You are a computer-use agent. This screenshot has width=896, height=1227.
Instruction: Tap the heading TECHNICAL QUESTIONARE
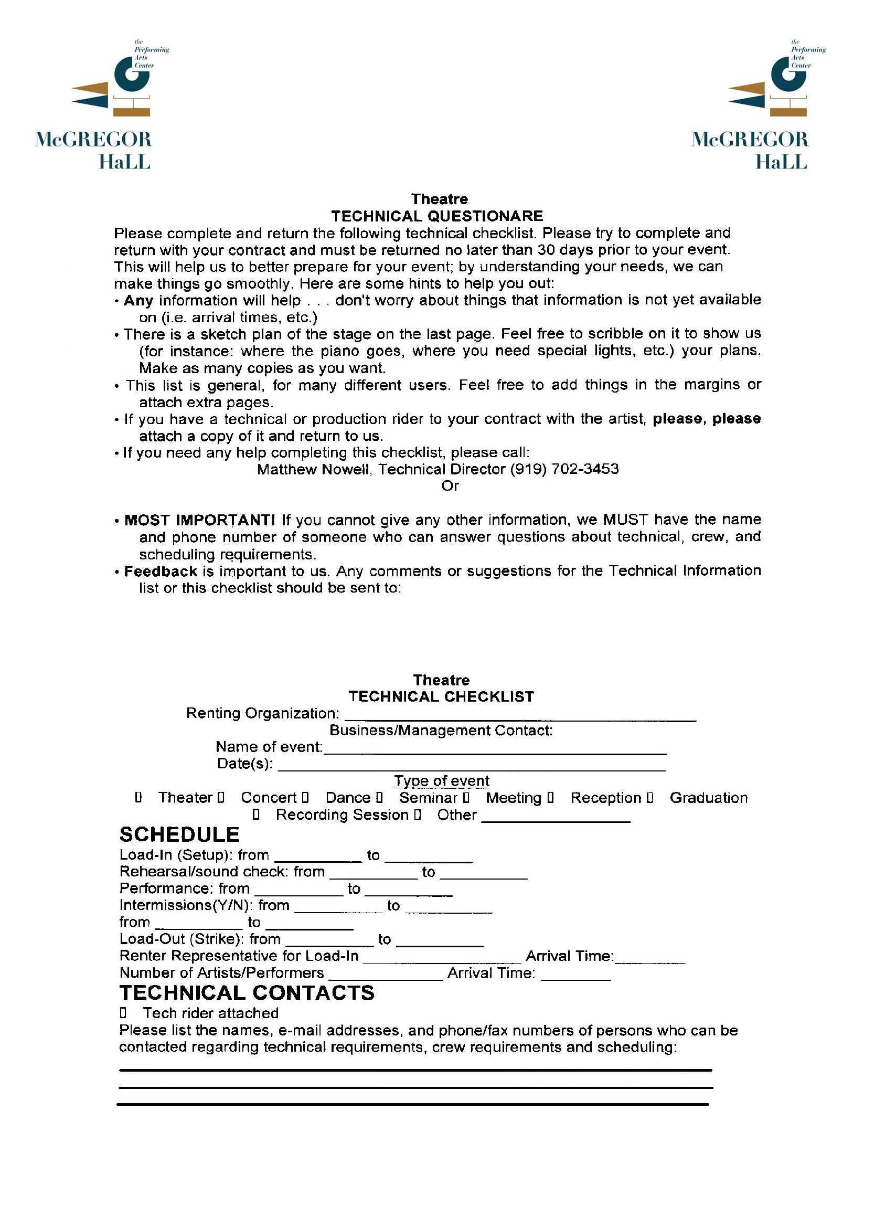tap(436, 216)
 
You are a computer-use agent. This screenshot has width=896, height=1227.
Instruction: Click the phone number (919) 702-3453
tap(564, 469)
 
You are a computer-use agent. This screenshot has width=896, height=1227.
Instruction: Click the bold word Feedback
tap(161, 571)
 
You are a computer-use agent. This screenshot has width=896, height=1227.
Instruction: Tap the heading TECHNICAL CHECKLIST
tap(441, 697)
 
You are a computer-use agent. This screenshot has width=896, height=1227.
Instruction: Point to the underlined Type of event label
tap(442, 781)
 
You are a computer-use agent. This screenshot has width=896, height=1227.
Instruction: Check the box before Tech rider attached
tap(123, 1013)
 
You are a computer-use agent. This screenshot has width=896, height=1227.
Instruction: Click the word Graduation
tap(708, 798)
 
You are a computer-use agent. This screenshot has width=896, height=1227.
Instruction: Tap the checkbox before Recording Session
tap(257, 815)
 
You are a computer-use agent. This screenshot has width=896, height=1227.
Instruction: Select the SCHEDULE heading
tap(179, 835)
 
